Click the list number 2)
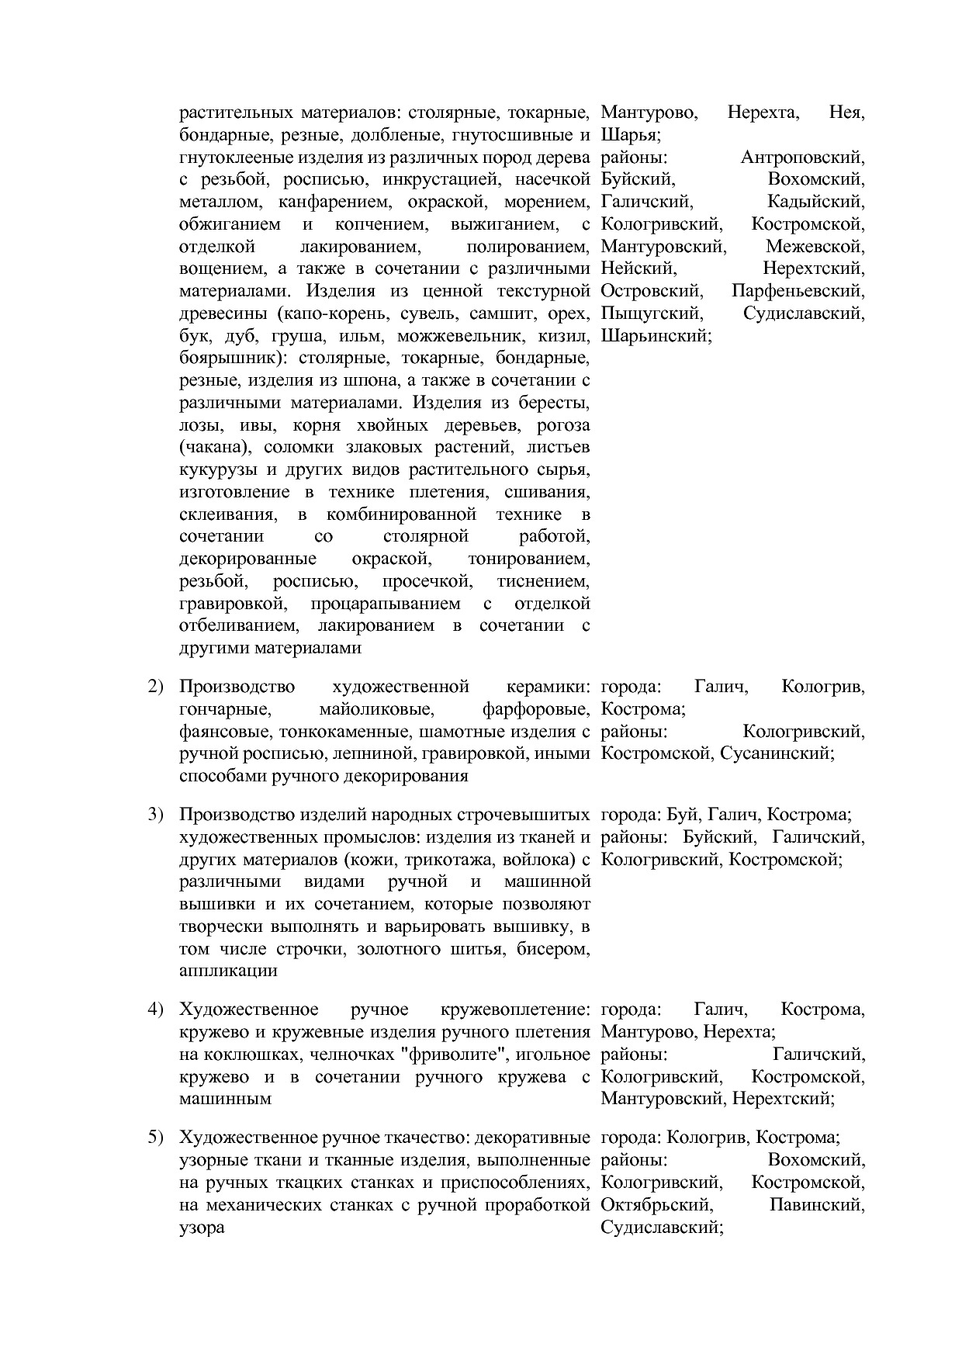tap(156, 687)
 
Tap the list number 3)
tap(156, 815)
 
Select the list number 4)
tap(156, 1009)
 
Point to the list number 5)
tap(156, 1138)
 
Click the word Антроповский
tap(802, 158)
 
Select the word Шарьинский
tap(655, 336)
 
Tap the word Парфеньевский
tap(798, 291)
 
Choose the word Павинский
tap(817, 1205)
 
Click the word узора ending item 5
tap(202, 1228)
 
